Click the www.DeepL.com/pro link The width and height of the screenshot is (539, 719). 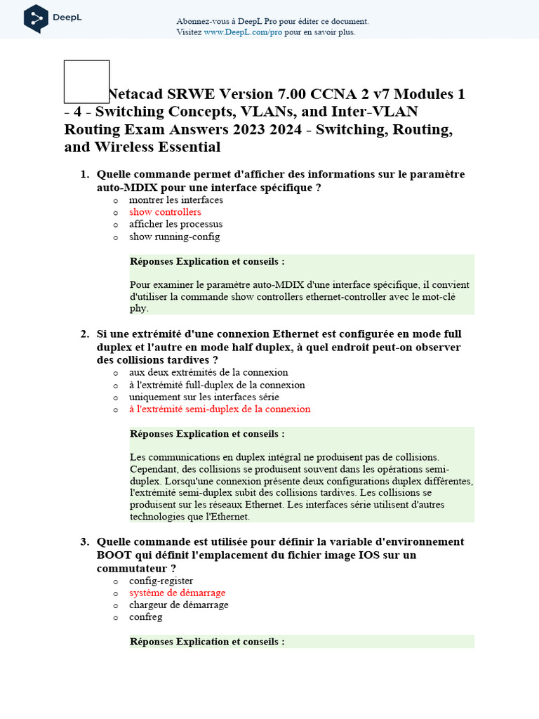243,32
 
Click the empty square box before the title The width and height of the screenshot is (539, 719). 86,81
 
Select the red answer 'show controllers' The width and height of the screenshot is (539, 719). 165,212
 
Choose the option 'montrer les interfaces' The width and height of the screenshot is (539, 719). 176,200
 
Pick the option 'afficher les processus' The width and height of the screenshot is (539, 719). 175,224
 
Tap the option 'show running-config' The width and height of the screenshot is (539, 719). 174,237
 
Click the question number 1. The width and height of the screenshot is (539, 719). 84,174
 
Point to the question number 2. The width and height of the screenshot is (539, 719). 84,334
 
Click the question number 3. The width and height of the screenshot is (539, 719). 84,542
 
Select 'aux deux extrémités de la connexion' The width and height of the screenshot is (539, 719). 208,372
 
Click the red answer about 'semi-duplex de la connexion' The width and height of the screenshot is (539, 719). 219,409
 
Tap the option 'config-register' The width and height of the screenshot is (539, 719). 161,581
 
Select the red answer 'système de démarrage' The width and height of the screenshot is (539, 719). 177,593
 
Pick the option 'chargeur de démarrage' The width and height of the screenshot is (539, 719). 178,605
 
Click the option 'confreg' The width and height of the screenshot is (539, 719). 145,616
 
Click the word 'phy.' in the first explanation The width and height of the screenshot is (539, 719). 139,308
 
